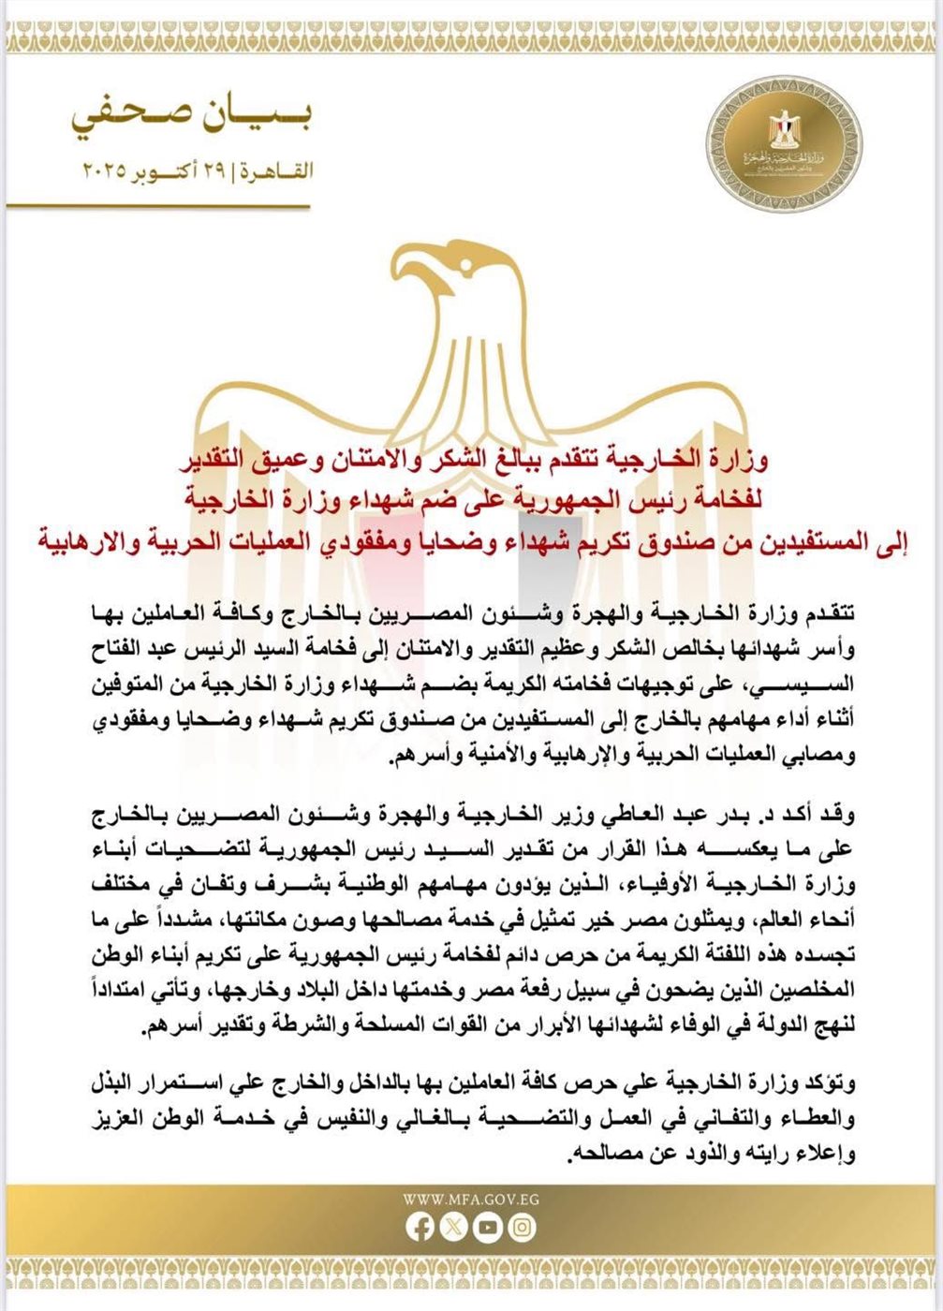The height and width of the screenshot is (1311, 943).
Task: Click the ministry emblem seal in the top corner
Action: (787, 146)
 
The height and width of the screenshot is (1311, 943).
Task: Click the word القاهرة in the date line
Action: (278, 172)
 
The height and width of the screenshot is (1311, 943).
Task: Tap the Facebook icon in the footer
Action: (420, 1228)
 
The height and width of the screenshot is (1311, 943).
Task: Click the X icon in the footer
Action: (454, 1228)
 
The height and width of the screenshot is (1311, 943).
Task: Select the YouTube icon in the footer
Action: (488, 1228)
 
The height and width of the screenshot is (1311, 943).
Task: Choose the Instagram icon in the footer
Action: (523, 1228)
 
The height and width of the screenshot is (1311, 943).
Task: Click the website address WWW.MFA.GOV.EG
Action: (471, 1199)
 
